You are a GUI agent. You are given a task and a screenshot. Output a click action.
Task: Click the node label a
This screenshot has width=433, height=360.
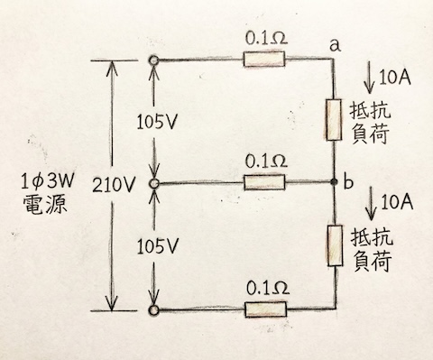[x=336, y=42]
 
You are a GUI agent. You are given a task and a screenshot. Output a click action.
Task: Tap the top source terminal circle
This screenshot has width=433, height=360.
[x=155, y=60]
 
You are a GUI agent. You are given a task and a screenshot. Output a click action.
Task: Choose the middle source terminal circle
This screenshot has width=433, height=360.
[x=155, y=184]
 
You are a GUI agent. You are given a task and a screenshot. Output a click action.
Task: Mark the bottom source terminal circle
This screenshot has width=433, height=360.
[x=155, y=310]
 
